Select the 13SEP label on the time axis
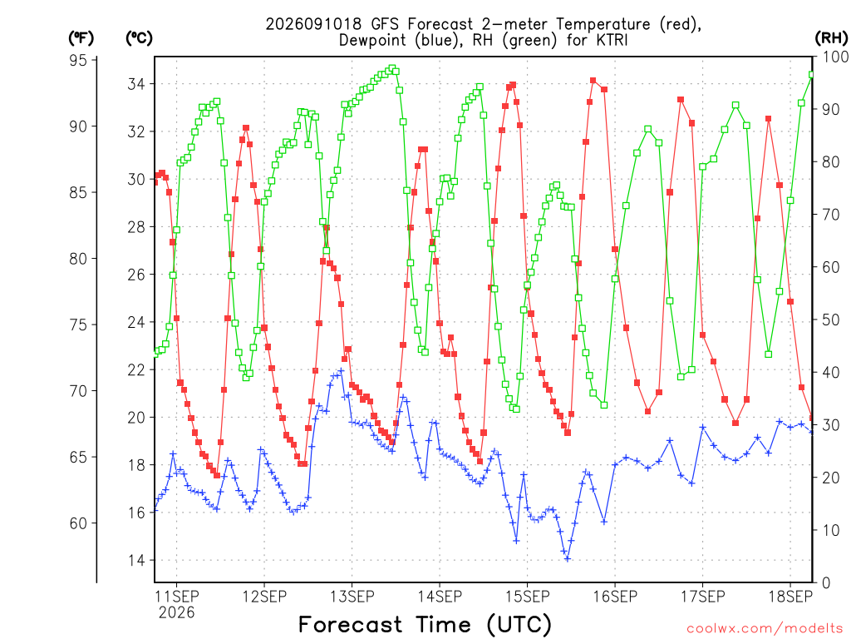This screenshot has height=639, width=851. pos(352,597)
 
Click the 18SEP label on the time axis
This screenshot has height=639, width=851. pos(791,597)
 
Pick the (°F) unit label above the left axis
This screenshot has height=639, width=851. pos(81,38)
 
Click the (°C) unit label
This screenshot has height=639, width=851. pos(139,38)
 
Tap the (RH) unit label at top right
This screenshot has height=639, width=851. pos(831,37)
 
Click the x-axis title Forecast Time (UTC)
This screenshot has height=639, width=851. pos(425,624)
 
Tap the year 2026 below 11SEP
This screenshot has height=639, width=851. pos(176,613)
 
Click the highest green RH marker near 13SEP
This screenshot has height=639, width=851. pos(392,68)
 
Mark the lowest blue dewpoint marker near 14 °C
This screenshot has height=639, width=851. pos(568,558)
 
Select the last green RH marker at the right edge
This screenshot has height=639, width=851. pos(812,74)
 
